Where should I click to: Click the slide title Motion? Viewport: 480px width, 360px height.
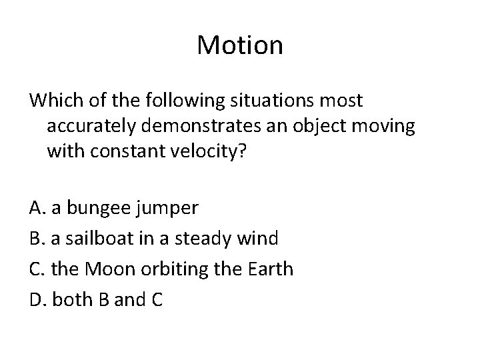(x=240, y=46)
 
